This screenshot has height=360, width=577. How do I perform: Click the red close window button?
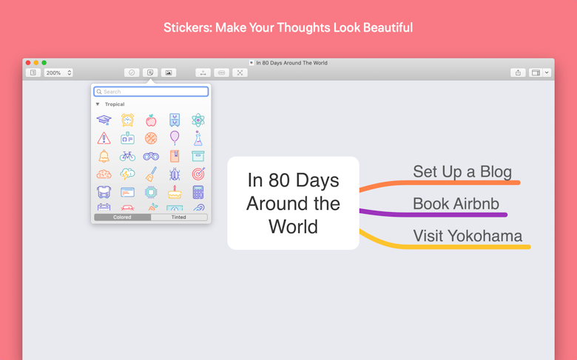coord(28,63)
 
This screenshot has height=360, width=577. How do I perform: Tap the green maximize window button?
coord(44,63)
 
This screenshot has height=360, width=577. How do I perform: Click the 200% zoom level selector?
coord(58,72)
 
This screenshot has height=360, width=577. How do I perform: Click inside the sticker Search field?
coord(151,92)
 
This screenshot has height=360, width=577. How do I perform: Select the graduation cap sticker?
coord(104,120)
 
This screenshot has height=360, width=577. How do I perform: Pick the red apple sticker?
coord(151,120)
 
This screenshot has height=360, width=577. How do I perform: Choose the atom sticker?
coord(198,120)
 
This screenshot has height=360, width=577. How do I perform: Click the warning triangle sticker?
coord(104,138)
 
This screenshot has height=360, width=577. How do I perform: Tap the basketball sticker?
coord(151,138)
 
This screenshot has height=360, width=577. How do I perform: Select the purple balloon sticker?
coord(175,137)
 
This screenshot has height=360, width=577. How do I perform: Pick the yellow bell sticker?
coord(104,156)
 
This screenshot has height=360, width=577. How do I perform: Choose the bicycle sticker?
coord(127,156)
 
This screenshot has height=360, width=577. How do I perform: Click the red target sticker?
coord(198,174)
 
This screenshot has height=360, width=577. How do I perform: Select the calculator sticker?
coord(198,192)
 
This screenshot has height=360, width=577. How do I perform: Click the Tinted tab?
coord(179,217)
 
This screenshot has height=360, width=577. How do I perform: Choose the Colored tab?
coord(122,217)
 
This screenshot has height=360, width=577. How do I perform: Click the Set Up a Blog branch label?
coord(462,171)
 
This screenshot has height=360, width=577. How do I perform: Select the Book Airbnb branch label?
coord(456,204)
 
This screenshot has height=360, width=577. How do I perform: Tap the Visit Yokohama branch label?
coord(468,236)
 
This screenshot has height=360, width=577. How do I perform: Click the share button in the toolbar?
coord(518,72)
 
